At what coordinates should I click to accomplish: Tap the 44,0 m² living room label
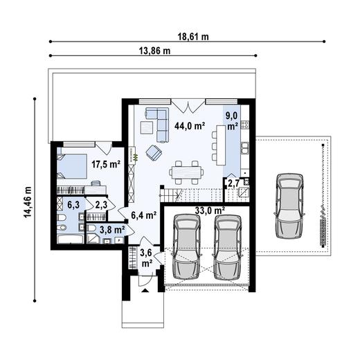[x=189, y=126]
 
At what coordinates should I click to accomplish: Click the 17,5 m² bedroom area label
[x=105, y=165]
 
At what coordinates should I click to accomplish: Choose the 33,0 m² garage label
[x=208, y=210]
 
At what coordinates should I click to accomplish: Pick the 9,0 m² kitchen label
[x=231, y=121]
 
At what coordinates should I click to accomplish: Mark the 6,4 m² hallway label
[x=143, y=215]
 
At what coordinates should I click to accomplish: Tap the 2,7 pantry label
[x=234, y=183]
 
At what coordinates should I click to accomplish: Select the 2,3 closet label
[x=101, y=205]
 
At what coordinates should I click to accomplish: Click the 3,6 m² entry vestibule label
[x=147, y=258]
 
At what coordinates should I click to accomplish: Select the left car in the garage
[x=185, y=246]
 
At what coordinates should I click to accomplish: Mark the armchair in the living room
[x=154, y=152]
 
